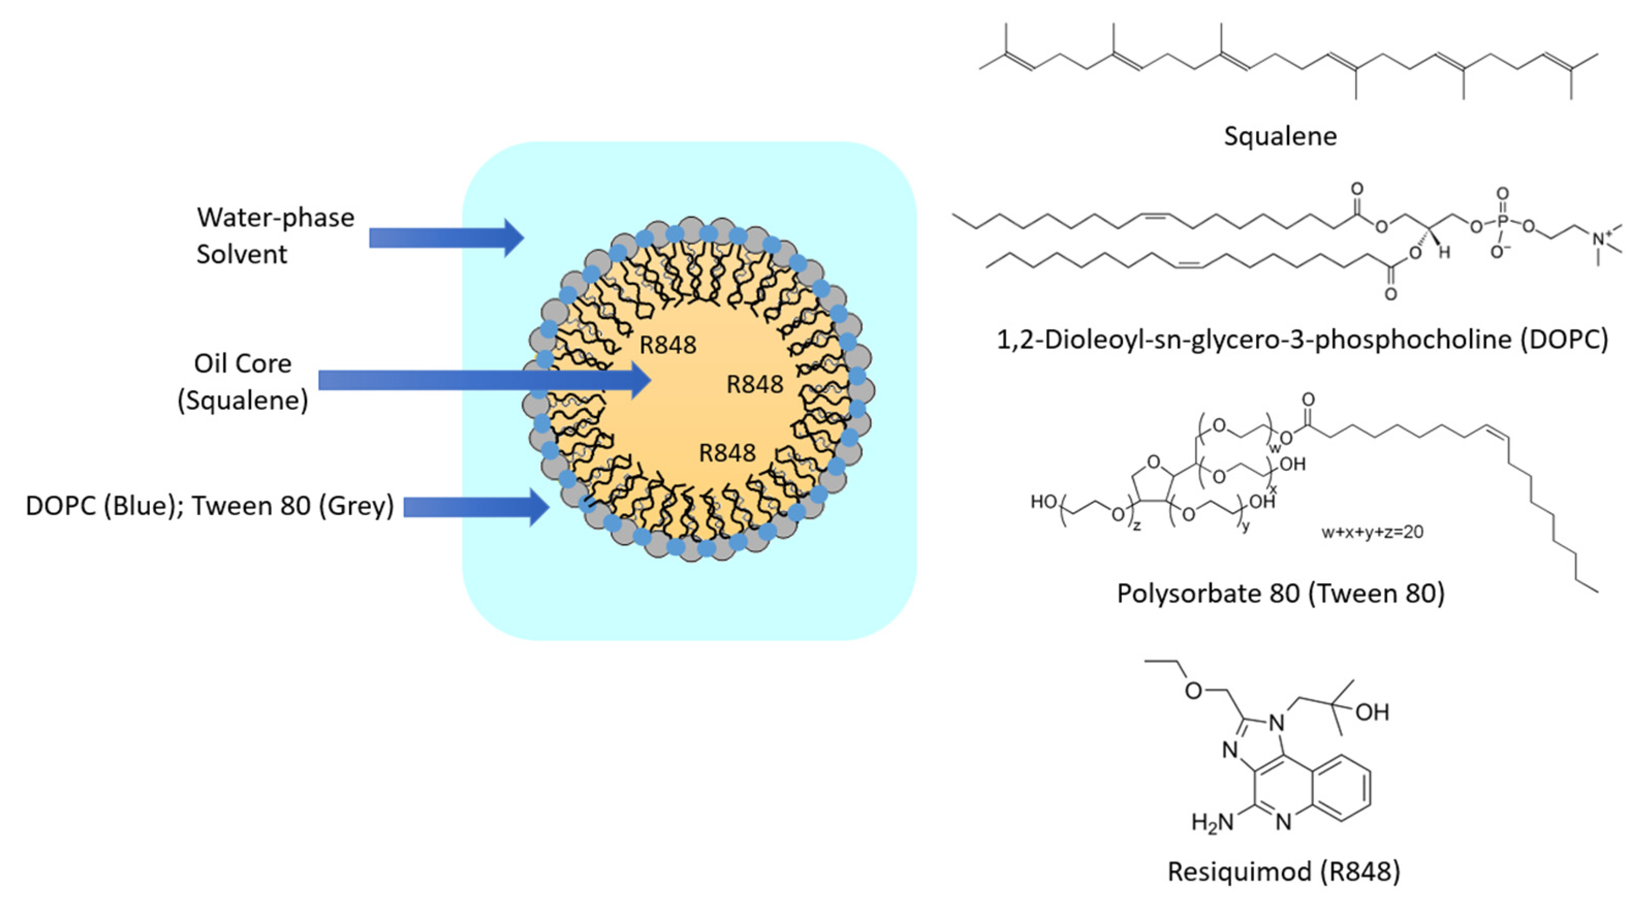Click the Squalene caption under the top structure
coord(1280,136)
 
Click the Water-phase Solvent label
coord(275,235)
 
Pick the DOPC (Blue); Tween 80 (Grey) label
coord(209,506)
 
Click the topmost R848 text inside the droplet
coord(668,345)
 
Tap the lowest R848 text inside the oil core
coord(727,453)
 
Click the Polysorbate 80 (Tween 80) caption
coord(1281,594)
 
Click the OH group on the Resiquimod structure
coord(1372,712)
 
